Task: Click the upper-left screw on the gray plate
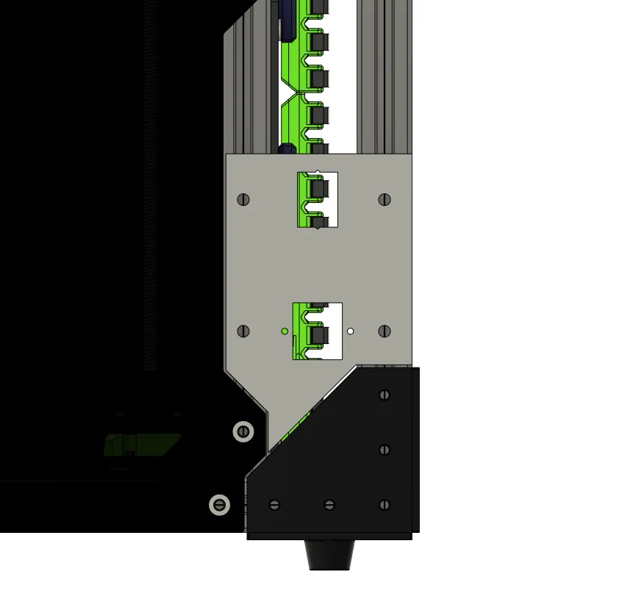pos(244,199)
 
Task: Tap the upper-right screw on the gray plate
pos(384,199)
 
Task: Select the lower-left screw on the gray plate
pos(244,331)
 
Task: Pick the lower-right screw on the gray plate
pos(384,331)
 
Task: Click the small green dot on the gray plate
pos(285,331)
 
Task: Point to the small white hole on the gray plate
pos(351,331)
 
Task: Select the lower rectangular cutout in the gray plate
pos(318,331)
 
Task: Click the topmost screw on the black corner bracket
pos(384,395)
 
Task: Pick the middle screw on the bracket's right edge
pos(384,450)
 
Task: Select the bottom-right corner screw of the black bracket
pos(384,505)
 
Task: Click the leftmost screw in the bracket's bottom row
pos(275,505)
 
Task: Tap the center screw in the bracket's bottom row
pos(329,505)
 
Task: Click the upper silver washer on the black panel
pos(243,431)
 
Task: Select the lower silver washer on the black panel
pos(219,505)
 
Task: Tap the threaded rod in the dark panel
pos(153,220)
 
